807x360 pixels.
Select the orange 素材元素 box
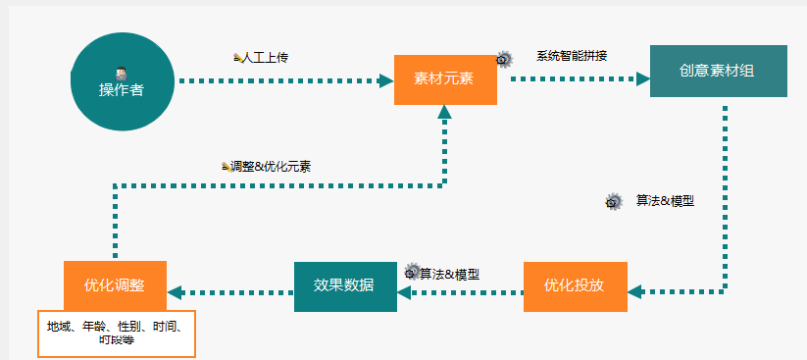[x=444, y=78]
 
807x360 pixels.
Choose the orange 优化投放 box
[x=574, y=286]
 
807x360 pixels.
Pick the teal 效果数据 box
[x=344, y=286]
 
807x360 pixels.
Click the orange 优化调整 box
[x=115, y=286]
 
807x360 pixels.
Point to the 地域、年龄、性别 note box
[x=118, y=334]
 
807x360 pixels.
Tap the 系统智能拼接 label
[x=572, y=56]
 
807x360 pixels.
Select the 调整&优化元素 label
[x=271, y=167]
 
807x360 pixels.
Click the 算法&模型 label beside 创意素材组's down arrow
[x=665, y=201]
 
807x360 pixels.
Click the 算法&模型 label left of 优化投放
[x=449, y=274]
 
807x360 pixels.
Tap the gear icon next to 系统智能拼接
[x=504, y=59]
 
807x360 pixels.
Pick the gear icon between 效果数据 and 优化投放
[x=412, y=272]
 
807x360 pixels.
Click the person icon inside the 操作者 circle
[x=121, y=73]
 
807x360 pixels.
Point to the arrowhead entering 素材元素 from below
[x=444, y=112]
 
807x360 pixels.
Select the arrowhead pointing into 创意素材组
[x=642, y=78]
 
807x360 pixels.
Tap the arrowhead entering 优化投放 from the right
[x=633, y=291]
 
